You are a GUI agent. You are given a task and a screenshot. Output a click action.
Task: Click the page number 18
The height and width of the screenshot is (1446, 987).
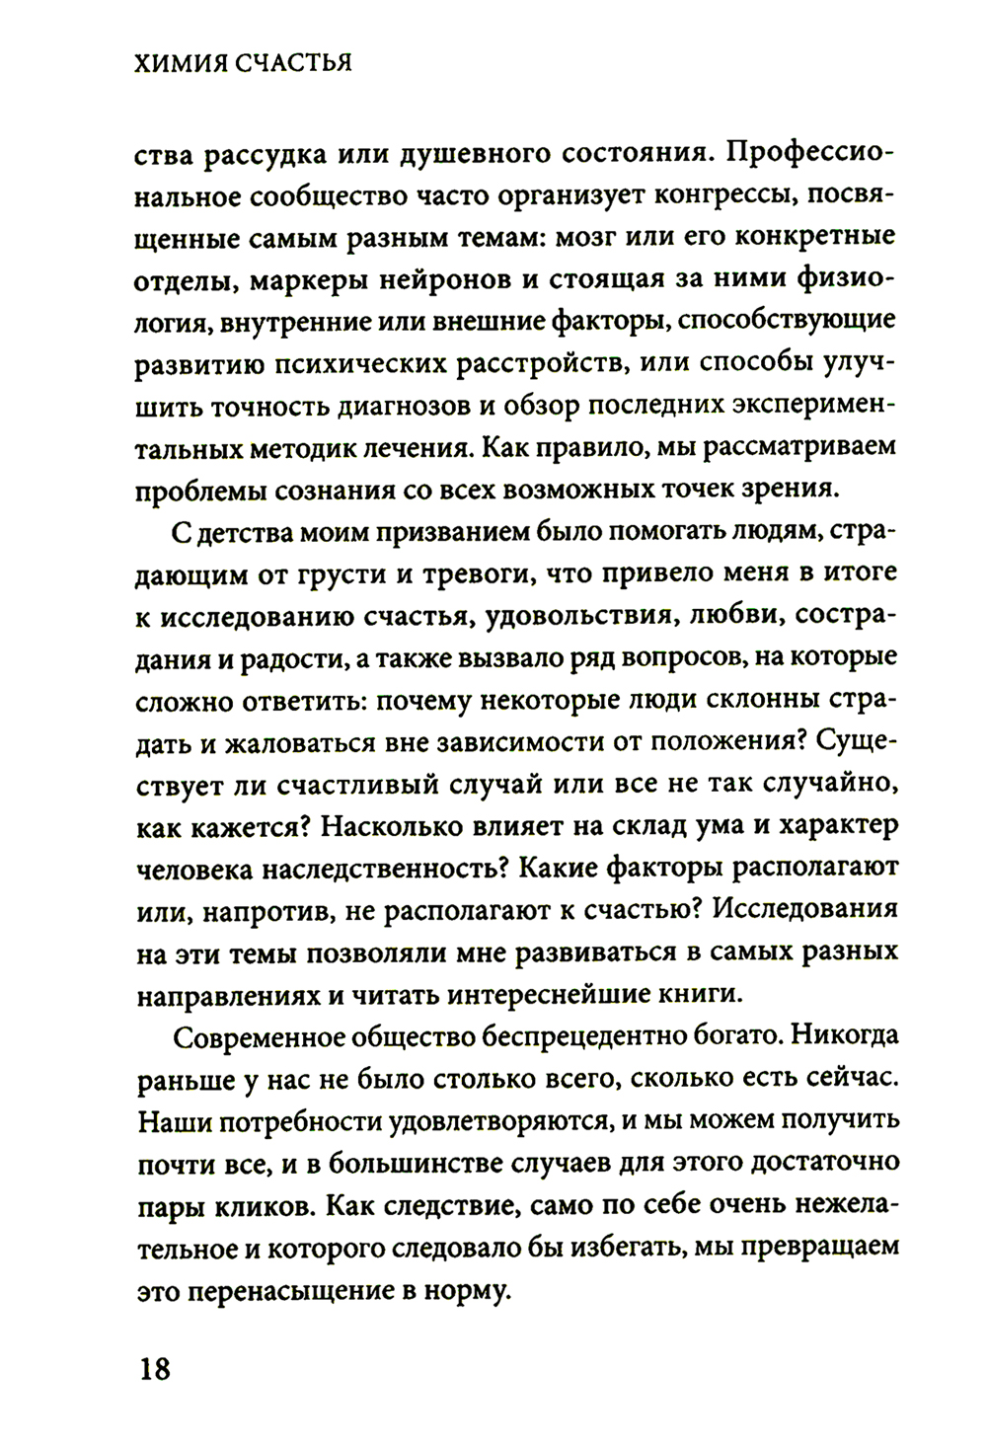154,1370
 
